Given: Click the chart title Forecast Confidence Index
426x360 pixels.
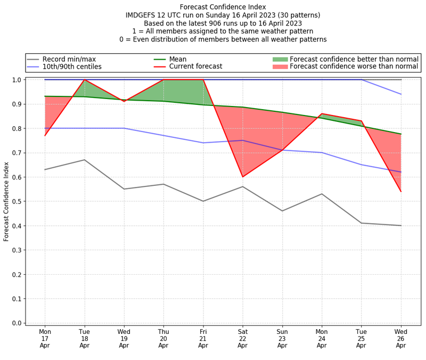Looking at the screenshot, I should click(223, 7).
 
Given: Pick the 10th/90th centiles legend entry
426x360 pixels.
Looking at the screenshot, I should click(72, 67).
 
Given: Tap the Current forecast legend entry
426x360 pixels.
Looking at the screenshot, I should click(195, 67).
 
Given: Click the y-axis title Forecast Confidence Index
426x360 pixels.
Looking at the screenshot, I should click(6, 201).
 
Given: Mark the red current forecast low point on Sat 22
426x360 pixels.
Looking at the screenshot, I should click(243, 177).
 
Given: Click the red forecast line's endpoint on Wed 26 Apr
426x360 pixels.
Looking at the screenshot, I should click(400, 191).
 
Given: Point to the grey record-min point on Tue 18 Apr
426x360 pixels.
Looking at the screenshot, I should click(85, 160).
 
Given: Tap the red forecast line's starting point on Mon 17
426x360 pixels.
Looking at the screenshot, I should click(45, 135).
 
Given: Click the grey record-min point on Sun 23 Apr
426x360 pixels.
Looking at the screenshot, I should click(282, 211).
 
